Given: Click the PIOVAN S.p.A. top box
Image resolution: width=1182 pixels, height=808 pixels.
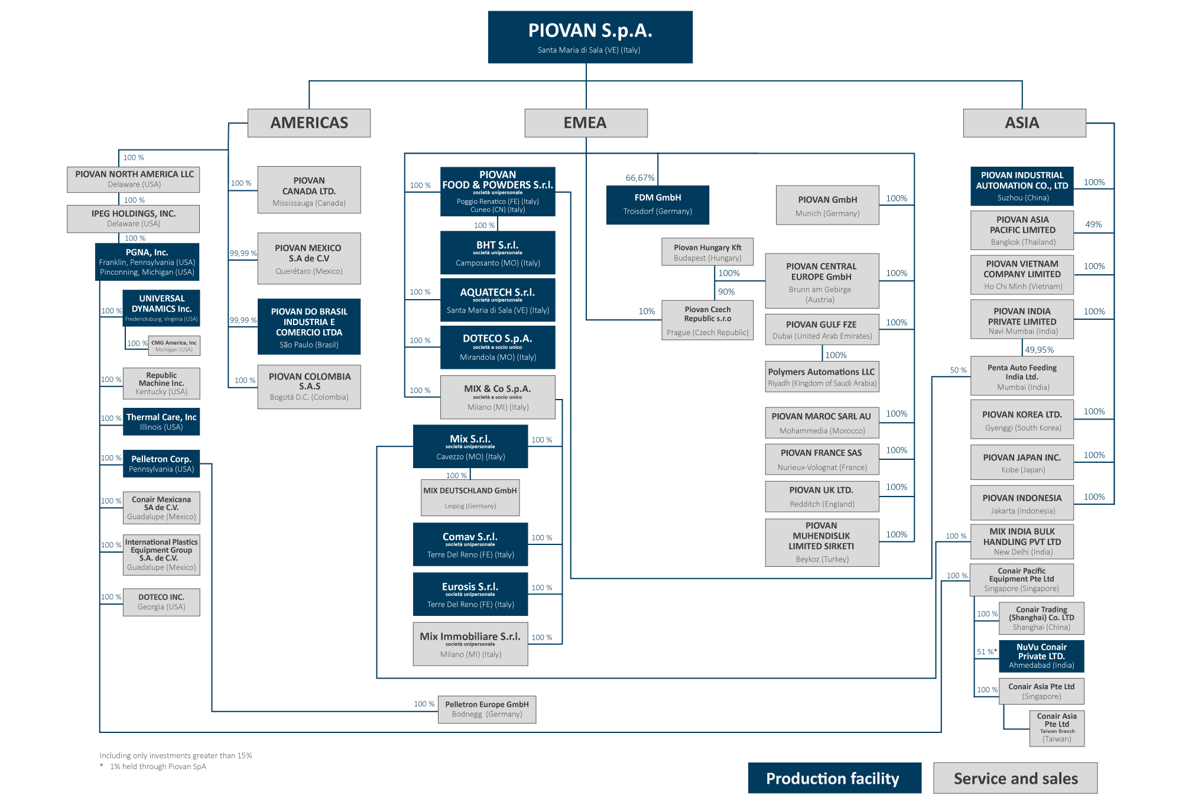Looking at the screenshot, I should pos(590,37).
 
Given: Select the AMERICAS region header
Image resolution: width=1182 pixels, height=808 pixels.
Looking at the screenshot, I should pos(309,123).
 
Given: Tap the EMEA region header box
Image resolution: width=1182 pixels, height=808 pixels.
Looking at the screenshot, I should pos(586,123).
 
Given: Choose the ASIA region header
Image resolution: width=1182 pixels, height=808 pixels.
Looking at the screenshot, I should pos(1024,123).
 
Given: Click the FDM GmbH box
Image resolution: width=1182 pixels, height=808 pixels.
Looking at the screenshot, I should pos(657,205).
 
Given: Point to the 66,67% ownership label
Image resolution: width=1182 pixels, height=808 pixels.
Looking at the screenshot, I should pos(640,178).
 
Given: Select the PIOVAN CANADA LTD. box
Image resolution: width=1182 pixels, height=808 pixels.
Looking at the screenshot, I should pos(309,190).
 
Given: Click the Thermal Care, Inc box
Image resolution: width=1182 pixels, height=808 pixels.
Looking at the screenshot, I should pos(161,421).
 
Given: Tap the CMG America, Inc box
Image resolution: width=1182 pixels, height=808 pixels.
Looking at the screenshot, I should pos(174,346).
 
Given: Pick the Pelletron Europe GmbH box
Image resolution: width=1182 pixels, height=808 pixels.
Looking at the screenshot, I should pos(487,709).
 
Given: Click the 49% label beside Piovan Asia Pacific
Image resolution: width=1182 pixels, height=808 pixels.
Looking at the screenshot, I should pos(1093,225).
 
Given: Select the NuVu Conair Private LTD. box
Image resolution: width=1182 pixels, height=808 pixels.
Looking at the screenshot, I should pos(1041,656).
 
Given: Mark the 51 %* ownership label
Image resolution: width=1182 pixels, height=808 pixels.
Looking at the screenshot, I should pos(986,651).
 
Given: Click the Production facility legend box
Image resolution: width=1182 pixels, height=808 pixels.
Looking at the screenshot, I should pos(834,778).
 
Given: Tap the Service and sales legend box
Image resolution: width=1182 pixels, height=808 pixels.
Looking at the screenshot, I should pos(1015,778).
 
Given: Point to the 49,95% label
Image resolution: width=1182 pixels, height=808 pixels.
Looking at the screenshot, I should pos(1039,350).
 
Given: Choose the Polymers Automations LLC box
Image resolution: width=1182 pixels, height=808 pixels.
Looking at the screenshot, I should pos(821,377).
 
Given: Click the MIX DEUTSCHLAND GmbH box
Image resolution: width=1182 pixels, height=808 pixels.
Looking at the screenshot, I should pos(470,497).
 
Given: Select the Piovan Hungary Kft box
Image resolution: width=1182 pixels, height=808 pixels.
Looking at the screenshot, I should pos(707,252).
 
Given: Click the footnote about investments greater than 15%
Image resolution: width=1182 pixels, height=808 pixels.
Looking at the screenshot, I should pos(176,755).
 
